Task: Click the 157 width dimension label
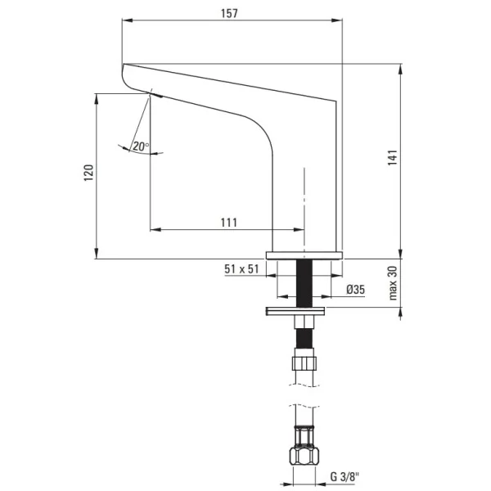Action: pyautogui.click(x=229, y=13)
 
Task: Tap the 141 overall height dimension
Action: pyautogui.click(x=392, y=157)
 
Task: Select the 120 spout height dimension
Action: pyautogui.click(x=88, y=172)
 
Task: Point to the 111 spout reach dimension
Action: pyautogui.click(x=229, y=223)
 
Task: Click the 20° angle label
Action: pyautogui.click(x=141, y=146)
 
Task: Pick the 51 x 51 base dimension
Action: pyautogui.click(x=241, y=269)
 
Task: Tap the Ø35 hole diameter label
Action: pyautogui.click(x=356, y=290)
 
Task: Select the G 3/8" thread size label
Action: pyautogui.click(x=345, y=476)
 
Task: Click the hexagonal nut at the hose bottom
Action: pyautogui.click(x=304, y=456)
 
